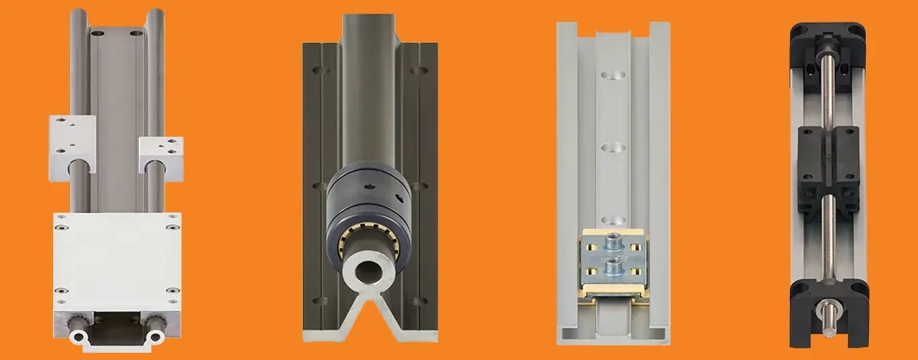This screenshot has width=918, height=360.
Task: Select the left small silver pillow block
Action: click(72, 137)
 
